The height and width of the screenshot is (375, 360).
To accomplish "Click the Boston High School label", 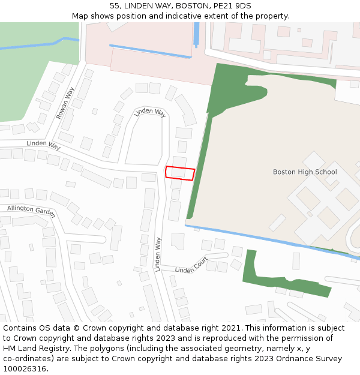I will [305, 172].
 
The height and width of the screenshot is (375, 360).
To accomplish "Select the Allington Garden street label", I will [31, 211].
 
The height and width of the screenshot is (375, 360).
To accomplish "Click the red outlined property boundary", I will [180, 173].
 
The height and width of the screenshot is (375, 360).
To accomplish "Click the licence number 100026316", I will [26, 368].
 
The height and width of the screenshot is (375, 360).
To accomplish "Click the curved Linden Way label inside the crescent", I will [150, 112].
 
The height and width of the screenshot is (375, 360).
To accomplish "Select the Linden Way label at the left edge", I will [44, 145].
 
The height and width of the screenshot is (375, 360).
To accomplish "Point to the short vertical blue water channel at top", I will [196, 34].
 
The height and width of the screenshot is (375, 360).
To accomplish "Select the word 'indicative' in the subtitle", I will [211, 16].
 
